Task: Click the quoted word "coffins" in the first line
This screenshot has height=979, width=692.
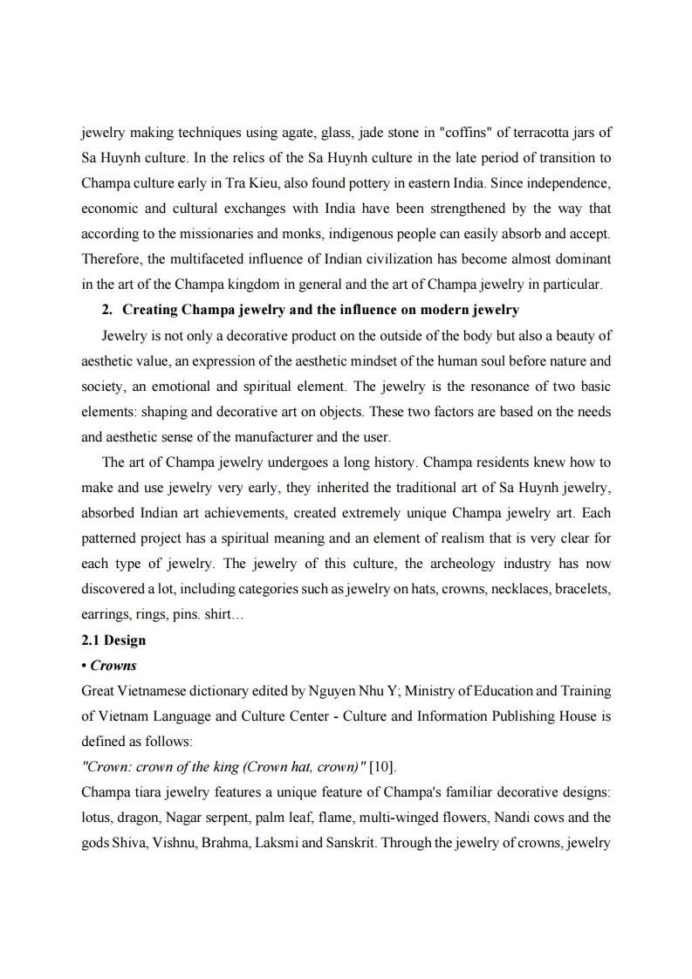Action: [451, 133]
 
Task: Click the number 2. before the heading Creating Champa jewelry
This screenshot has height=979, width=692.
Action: [108, 310]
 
